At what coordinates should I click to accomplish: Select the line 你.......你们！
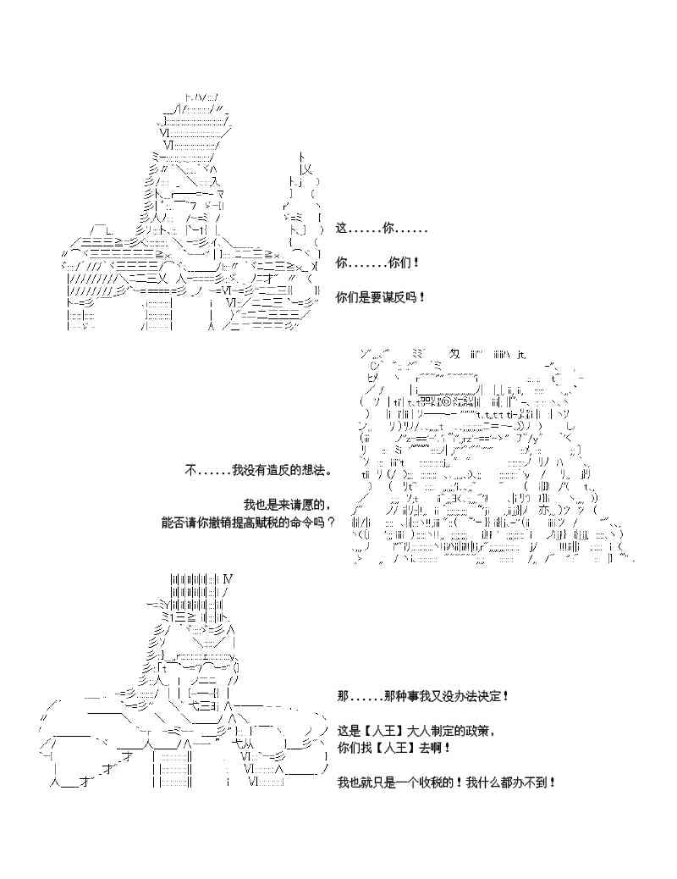coord(377,263)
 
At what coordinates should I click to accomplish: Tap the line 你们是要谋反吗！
coord(381,297)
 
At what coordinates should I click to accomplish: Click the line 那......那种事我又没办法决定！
coord(422,696)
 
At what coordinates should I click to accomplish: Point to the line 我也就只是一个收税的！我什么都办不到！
coord(446,782)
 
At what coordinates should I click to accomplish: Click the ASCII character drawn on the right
coord(491,457)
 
